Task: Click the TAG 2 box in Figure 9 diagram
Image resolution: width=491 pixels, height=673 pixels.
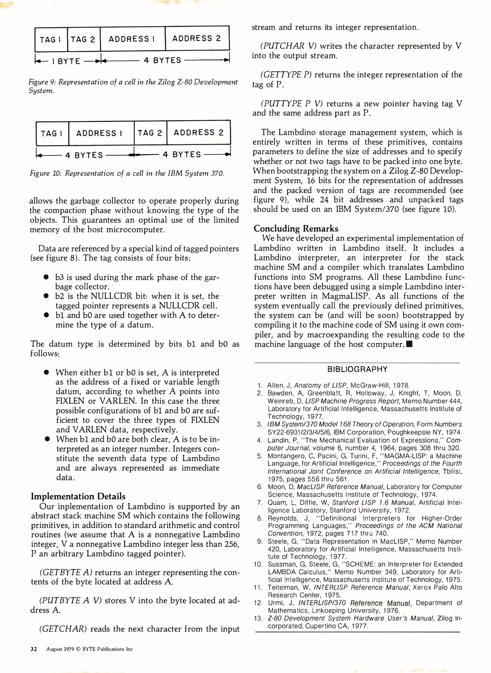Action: point(83,39)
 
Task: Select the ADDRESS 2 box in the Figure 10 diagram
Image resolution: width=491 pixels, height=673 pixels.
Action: point(199,133)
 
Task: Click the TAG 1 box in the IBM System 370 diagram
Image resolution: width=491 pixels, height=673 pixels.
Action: point(52,133)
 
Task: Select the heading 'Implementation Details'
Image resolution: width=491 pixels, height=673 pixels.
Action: point(78,496)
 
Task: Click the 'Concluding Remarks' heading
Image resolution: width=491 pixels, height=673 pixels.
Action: point(296,228)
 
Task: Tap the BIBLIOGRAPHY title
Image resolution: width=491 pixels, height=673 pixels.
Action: point(357,369)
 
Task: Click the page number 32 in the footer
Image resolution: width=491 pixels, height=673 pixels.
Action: point(34,649)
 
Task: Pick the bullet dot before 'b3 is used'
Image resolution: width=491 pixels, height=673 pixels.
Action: point(46,277)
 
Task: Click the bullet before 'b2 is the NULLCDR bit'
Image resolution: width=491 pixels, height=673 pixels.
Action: point(46,296)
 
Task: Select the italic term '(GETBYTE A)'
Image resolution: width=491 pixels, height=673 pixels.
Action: point(66,572)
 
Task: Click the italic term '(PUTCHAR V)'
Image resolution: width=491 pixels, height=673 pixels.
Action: point(288,46)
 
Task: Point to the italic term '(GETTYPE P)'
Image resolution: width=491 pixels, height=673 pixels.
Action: point(286,75)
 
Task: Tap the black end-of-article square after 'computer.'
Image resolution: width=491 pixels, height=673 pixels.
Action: point(409,344)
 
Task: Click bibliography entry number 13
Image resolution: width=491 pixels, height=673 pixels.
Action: point(258,618)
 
